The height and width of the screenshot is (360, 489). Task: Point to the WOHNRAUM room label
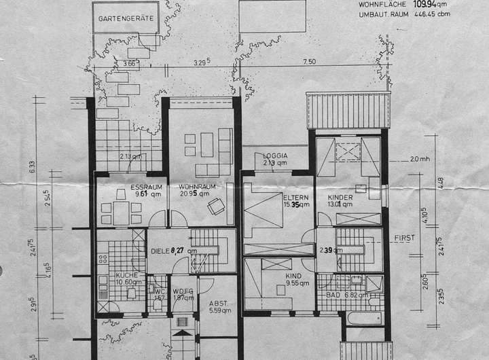coord(197,186)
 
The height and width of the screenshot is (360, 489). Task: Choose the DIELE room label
coord(160,251)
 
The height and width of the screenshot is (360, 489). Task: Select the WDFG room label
coord(183,291)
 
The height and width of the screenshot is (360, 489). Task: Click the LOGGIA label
coord(275,156)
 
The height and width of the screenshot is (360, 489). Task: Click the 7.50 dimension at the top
coord(309,62)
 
